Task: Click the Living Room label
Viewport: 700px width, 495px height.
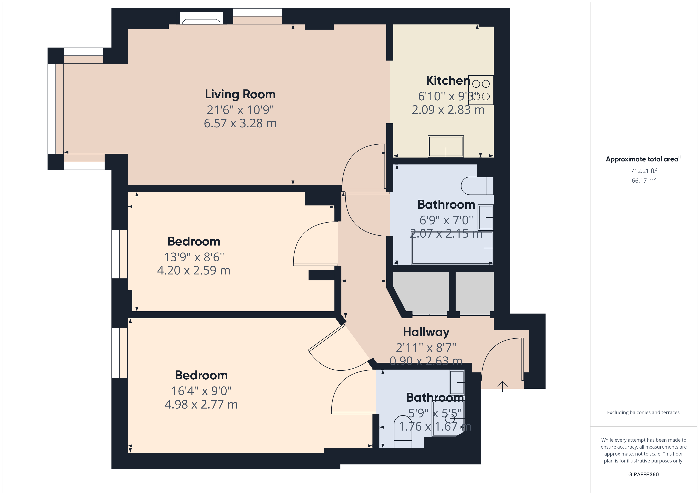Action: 240,94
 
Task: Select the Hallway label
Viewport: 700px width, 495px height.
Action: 426,332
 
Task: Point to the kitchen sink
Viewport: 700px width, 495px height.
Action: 446,146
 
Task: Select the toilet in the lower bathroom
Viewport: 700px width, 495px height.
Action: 403,432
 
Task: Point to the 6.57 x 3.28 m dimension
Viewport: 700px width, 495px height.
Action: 240,123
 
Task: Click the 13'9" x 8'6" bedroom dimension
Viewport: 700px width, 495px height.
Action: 194,257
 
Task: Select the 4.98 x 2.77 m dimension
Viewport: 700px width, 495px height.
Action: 201,405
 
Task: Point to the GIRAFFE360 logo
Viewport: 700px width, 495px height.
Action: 643,475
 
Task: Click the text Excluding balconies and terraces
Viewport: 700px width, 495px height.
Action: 643,412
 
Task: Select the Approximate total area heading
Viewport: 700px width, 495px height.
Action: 643,159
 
